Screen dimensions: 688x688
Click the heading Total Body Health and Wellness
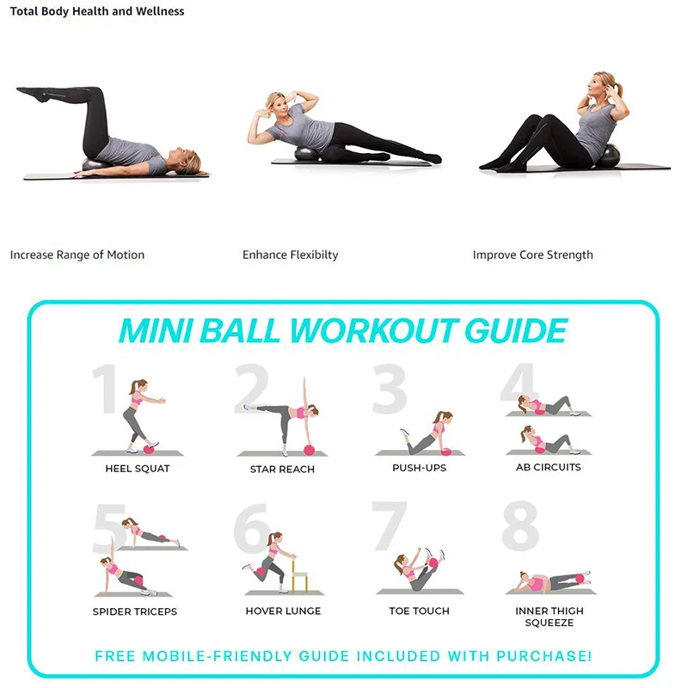pyautogui.click(x=97, y=11)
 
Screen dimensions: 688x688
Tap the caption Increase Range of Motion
pyautogui.click(x=77, y=255)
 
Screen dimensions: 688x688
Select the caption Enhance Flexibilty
pyautogui.click(x=291, y=255)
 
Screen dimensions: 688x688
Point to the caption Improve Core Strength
pyautogui.click(x=532, y=255)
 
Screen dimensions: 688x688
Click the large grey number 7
pyautogui.click(x=389, y=526)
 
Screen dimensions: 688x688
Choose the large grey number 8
pyautogui.click(x=520, y=526)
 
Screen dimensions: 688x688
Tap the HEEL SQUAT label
pyautogui.click(x=138, y=469)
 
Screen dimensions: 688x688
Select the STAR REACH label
pyautogui.click(x=282, y=470)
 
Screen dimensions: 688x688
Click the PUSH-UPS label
pyautogui.click(x=420, y=468)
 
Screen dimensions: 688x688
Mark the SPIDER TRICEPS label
pyautogui.click(x=135, y=611)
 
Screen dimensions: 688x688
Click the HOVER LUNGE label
pyautogui.click(x=283, y=611)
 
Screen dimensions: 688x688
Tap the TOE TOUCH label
pyautogui.click(x=419, y=611)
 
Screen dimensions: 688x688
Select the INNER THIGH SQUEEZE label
pyautogui.click(x=549, y=616)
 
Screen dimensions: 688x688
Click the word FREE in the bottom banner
pyautogui.click(x=116, y=656)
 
